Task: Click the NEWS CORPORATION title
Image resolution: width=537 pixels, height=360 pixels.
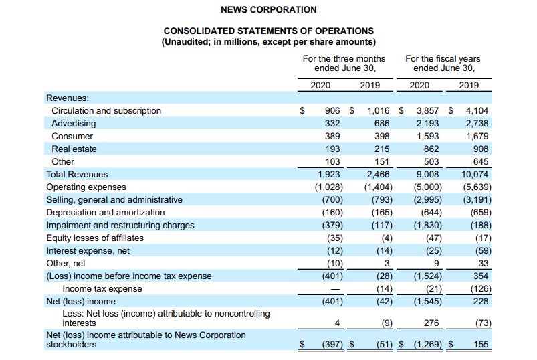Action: (268, 10)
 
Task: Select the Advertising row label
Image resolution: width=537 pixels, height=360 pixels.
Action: (74, 124)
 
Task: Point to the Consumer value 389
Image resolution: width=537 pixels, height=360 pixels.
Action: (332, 137)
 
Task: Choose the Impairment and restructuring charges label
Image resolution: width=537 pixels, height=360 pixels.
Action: (120, 226)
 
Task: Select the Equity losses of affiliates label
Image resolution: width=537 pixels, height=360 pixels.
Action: (95, 238)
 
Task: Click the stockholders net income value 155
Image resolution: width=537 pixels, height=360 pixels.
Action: (481, 345)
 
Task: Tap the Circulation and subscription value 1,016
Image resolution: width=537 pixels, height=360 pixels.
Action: (379, 111)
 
